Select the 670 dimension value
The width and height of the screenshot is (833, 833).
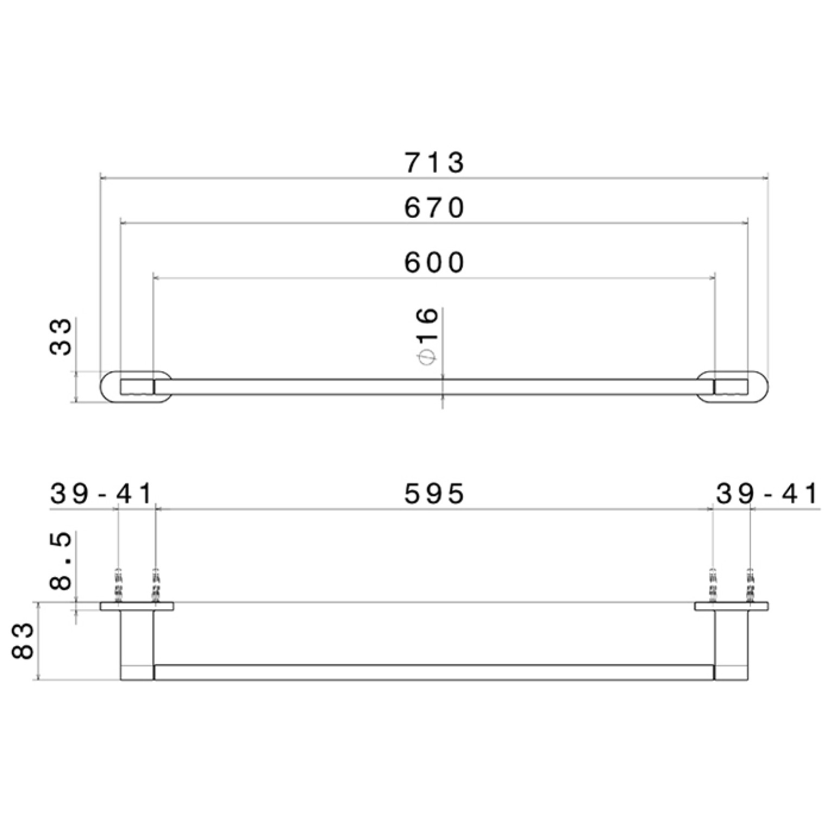(x=434, y=207)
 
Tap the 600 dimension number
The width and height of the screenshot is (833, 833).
(x=434, y=262)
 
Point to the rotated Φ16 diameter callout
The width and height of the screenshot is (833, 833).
(x=427, y=336)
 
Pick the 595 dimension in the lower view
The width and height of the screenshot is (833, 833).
(x=434, y=494)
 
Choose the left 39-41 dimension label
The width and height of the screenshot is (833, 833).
(x=102, y=494)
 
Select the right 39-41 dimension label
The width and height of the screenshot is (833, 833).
(x=766, y=494)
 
